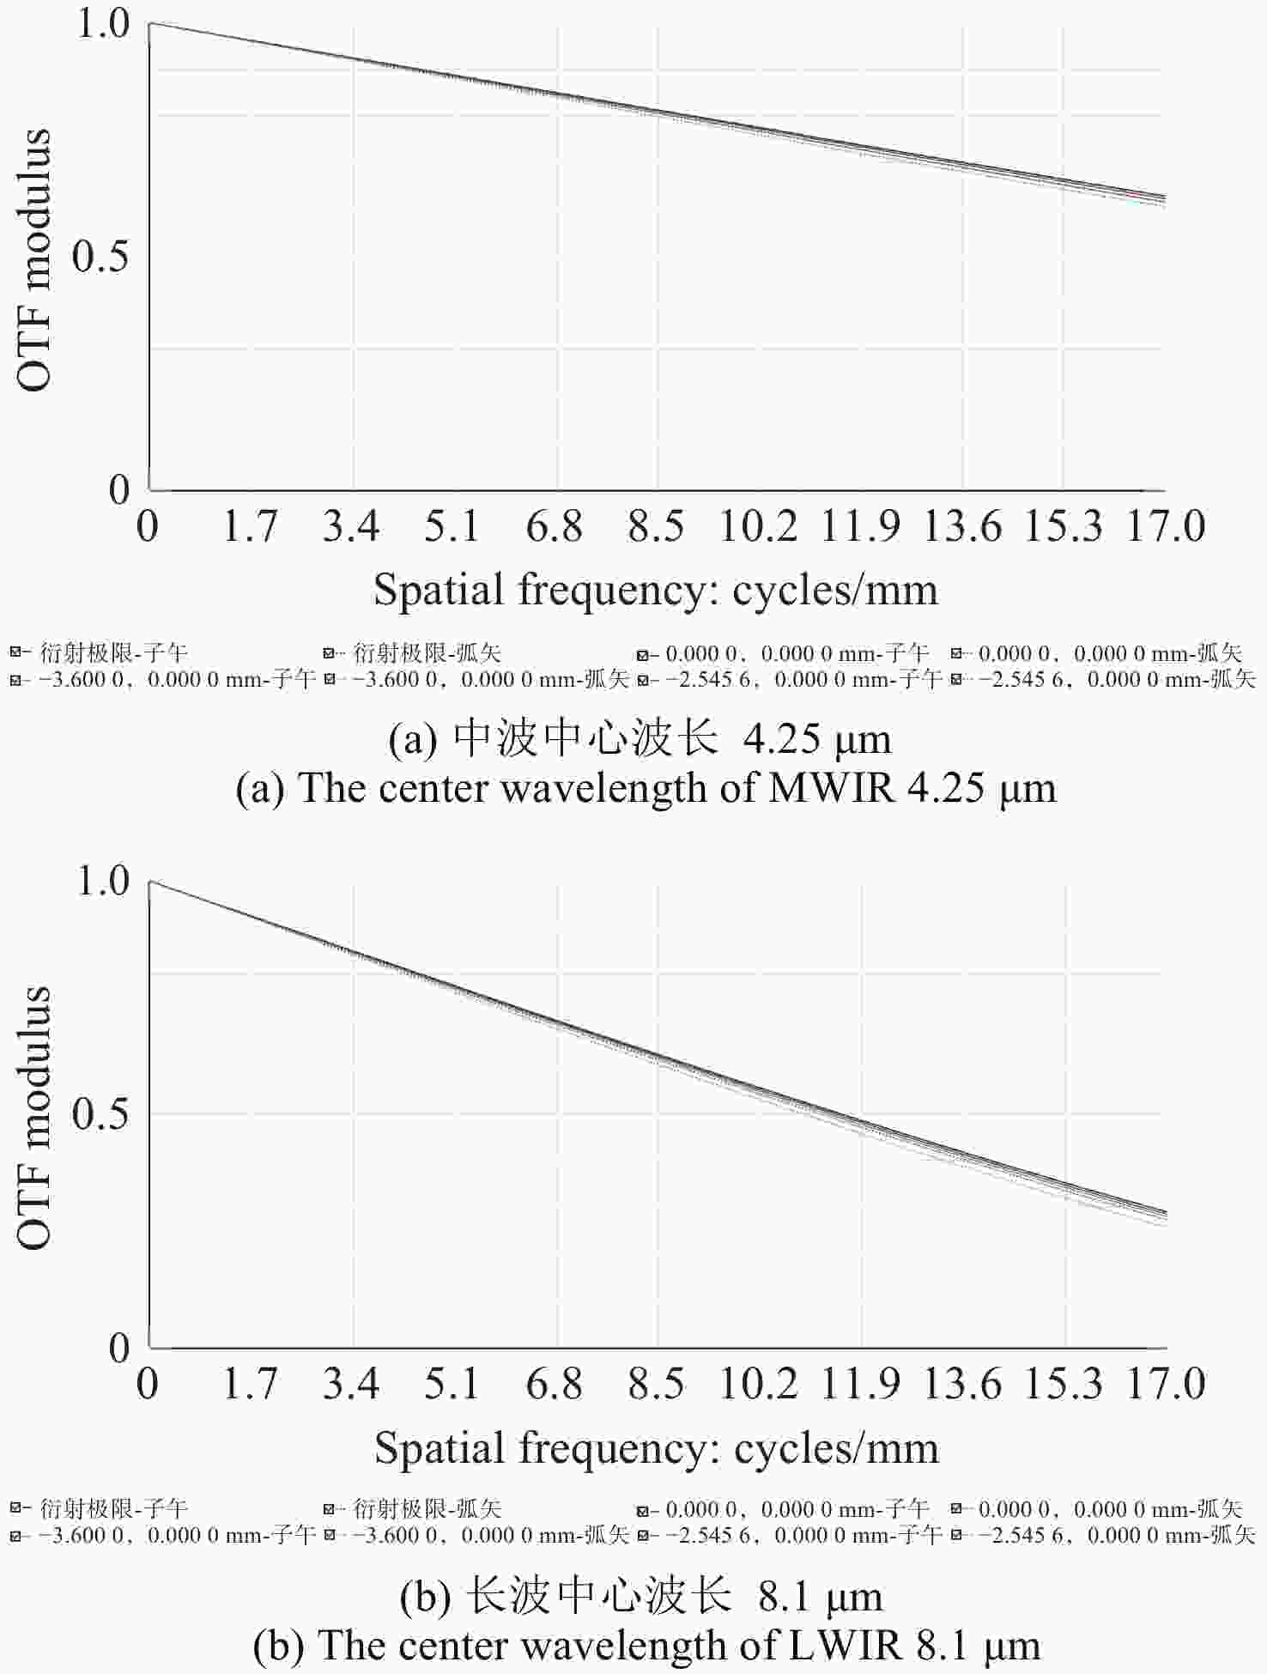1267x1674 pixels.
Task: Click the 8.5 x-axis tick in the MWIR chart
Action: coord(656,526)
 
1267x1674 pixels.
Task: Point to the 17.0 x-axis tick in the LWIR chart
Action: coord(1166,1383)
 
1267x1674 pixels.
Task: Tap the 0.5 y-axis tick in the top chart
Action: coord(101,256)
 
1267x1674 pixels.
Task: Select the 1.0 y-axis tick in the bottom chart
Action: coord(103,881)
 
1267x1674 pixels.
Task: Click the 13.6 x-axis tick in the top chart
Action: coord(961,526)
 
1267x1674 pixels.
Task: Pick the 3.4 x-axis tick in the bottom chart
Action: coord(351,1383)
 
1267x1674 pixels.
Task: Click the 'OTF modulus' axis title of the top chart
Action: coord(35,260)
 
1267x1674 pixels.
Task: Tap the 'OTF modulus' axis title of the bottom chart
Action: coord(35,1117)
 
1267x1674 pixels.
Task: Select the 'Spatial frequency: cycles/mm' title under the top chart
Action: coord(656,590)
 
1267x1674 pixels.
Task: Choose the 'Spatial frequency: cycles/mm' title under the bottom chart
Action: coord(657,1447)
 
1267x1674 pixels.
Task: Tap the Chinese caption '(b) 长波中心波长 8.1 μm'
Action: coord(641,1597)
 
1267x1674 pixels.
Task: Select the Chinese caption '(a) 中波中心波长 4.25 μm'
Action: coord(640,739)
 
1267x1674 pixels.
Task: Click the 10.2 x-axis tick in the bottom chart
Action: coord(758,1383)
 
